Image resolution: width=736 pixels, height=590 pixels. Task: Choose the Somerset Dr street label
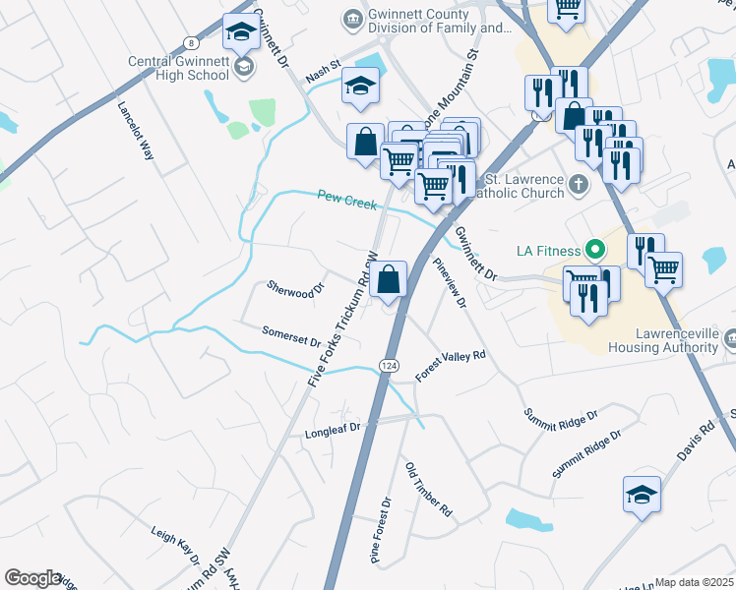pos(291,336)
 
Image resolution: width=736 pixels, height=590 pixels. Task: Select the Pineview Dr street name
pos(449,283)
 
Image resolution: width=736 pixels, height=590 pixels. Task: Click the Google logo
pos(32,578)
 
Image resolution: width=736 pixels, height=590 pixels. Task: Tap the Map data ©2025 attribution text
pos(694,582)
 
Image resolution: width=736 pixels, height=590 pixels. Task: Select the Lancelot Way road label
pos(136,130)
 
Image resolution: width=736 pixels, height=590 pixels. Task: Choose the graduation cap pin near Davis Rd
pos(642,494)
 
